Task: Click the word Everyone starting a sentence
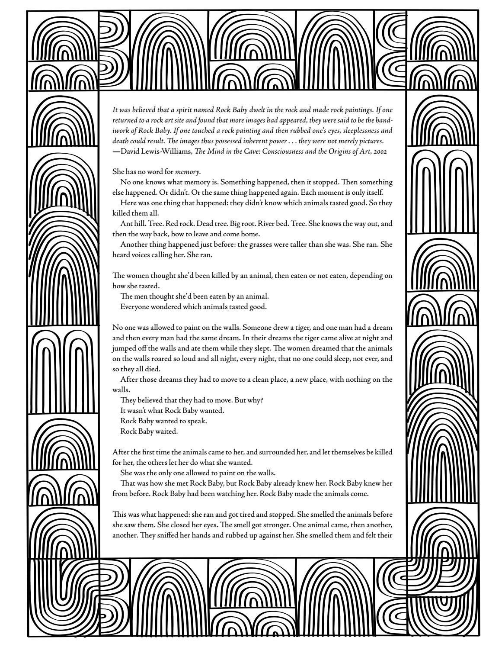pyautogui.click(x=135, y=307)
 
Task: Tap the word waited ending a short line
pyautogui.click(x=168, y=431)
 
